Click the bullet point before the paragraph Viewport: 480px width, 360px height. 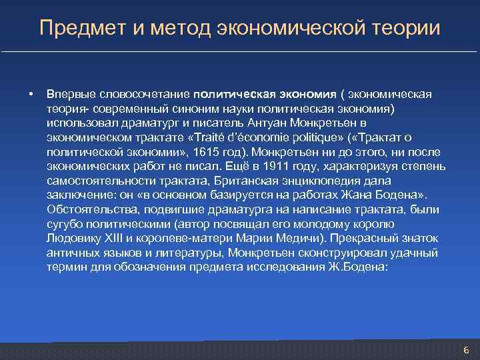[x=31, y=94]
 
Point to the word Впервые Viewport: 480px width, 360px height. [x=71, y=94]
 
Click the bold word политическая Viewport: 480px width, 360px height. [x=231, y=94]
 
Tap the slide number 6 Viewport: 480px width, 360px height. [x=466, y=350]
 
